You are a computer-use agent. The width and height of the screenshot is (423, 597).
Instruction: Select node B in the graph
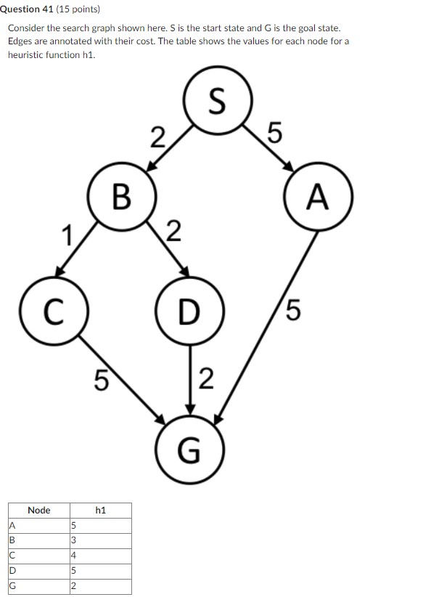pos(122,195)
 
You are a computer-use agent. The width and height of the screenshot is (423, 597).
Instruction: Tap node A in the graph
pos(318,197)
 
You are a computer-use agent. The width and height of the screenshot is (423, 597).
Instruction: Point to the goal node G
pos(189,450)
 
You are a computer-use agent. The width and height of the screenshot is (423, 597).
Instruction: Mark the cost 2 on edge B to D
pos(173,232)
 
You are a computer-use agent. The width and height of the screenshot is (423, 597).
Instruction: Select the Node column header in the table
pos(38,511)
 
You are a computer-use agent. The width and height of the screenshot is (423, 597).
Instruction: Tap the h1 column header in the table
pos(100,511)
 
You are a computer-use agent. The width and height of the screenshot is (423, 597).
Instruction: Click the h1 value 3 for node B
pos(73,540)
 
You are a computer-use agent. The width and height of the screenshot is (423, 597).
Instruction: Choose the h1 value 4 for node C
pos(73,555)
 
